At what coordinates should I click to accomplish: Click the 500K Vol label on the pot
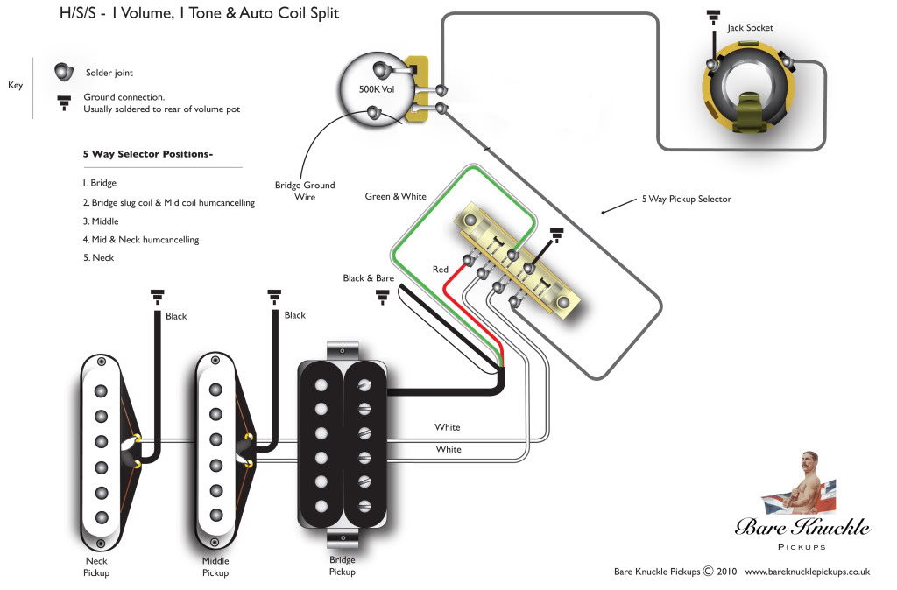[x=377, y=89]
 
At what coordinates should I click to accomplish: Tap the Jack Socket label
[x=750, y=28]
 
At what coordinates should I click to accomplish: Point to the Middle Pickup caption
[x=215, y=567]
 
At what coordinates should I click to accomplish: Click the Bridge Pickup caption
[x=342, y=565]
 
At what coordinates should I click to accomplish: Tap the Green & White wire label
[x=395, y=196]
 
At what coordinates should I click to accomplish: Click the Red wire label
[x=440, y=270]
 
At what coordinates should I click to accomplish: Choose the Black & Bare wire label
[x=368, y=278]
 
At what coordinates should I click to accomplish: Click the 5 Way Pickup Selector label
[x=686, y=200]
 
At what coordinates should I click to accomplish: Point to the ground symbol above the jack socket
[x=713, y=17]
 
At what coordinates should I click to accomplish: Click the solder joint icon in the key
[x=64, y=71]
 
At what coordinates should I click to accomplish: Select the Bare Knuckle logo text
[x=802, y=527]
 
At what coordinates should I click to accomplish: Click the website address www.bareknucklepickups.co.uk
[x=807, y=572]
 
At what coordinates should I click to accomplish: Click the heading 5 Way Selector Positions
[x=147, y=154]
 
